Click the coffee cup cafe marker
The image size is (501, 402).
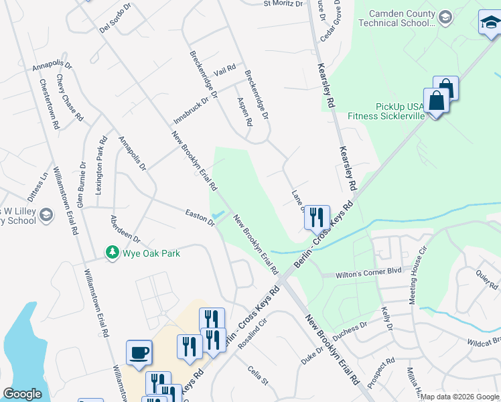tap(139, 352)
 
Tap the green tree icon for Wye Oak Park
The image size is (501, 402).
tap(113, 252)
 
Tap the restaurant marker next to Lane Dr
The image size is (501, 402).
tap(317, 217)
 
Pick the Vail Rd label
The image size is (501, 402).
tap(225, 70)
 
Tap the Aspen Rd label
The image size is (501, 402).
tap(244, 111)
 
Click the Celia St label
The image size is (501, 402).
tap(257, 375)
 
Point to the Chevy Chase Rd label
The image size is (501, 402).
tap(69, 98)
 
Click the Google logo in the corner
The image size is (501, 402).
tap(21, 394)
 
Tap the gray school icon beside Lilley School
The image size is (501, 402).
tap(46, 215)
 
